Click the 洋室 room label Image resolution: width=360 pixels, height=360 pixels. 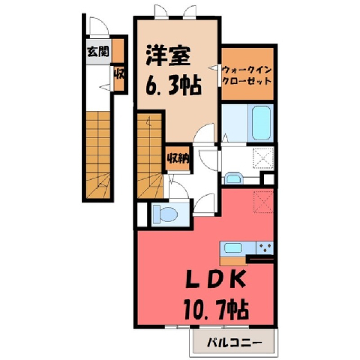point(168,55)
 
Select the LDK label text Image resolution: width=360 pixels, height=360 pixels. point(214,280)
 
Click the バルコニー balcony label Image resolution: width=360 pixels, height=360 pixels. point(235,343)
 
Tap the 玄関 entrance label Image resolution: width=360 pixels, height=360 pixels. point(98,52)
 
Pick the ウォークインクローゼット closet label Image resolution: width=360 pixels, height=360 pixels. point(247,76)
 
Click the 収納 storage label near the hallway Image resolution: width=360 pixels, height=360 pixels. point(178,157)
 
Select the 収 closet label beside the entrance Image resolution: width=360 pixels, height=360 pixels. point(119,74)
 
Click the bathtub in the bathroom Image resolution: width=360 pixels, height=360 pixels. point(261,124)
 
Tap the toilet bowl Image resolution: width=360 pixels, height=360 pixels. point(166,214)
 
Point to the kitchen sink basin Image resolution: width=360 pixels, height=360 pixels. point(233,248)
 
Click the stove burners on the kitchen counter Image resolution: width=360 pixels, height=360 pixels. point(265,248)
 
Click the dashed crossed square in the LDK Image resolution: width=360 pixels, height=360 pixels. point(263,202)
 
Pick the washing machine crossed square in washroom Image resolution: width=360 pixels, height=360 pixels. point(263,158)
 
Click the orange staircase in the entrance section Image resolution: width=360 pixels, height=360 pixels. point(98,155)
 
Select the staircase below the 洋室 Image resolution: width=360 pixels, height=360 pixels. point(150,156)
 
